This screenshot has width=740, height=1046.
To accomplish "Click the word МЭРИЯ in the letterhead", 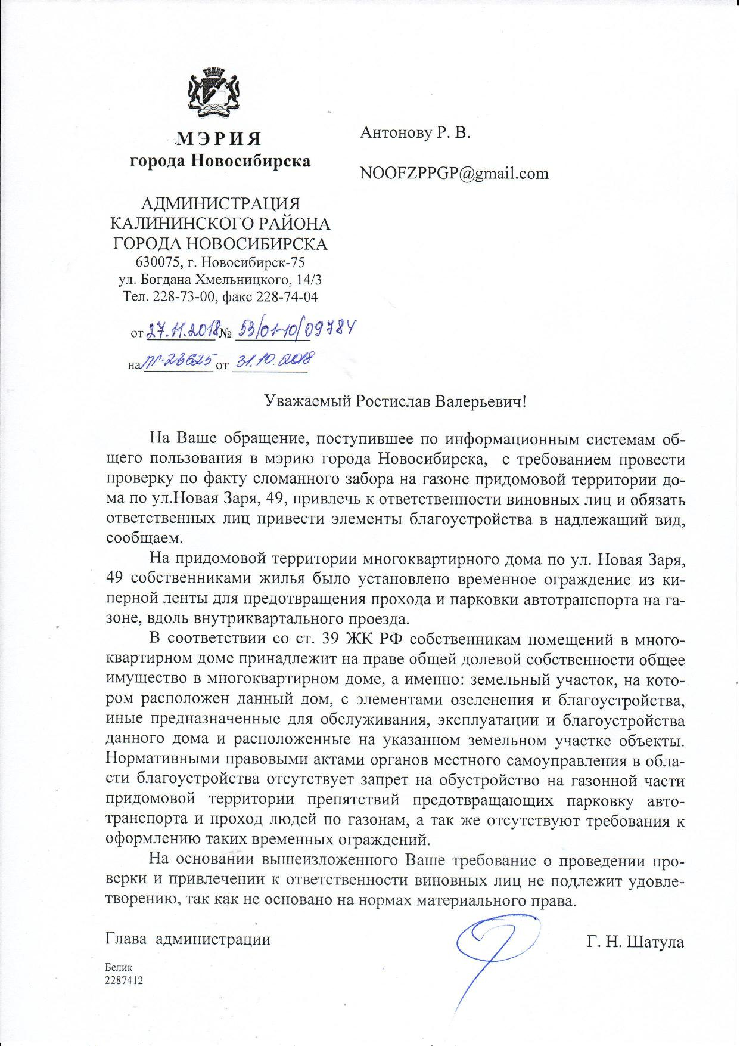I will coord(220,139).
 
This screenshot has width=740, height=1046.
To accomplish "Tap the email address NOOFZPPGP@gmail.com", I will coord(453,174).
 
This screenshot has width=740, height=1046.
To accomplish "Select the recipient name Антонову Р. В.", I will coord(415,133).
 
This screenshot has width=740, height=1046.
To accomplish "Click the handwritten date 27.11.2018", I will coord(181,330).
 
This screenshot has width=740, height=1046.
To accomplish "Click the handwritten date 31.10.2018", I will coord(272,360).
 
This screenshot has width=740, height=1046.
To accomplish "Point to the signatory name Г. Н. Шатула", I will coord(635,942).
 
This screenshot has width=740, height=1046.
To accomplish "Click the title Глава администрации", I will coord(188,940).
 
